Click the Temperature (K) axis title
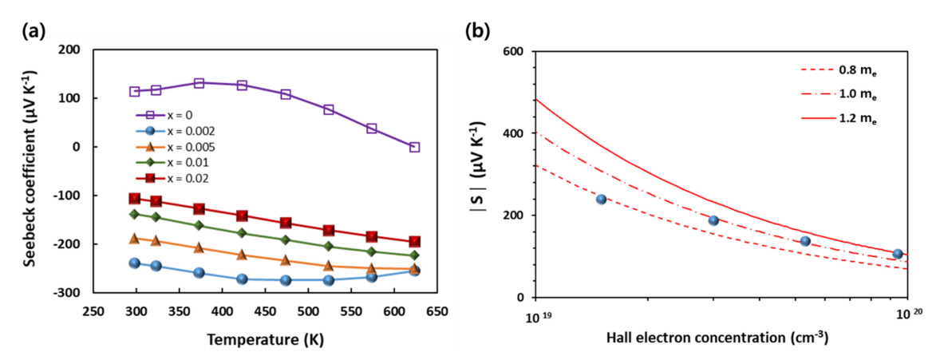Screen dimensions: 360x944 point(265,339)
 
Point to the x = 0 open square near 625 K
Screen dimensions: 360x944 point(414,147)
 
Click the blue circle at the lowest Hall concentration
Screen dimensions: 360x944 point(601,200)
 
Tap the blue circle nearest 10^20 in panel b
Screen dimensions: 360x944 point(898,254)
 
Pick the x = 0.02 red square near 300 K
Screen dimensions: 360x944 point(135,199)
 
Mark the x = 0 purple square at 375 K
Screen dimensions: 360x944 point(199,83)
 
